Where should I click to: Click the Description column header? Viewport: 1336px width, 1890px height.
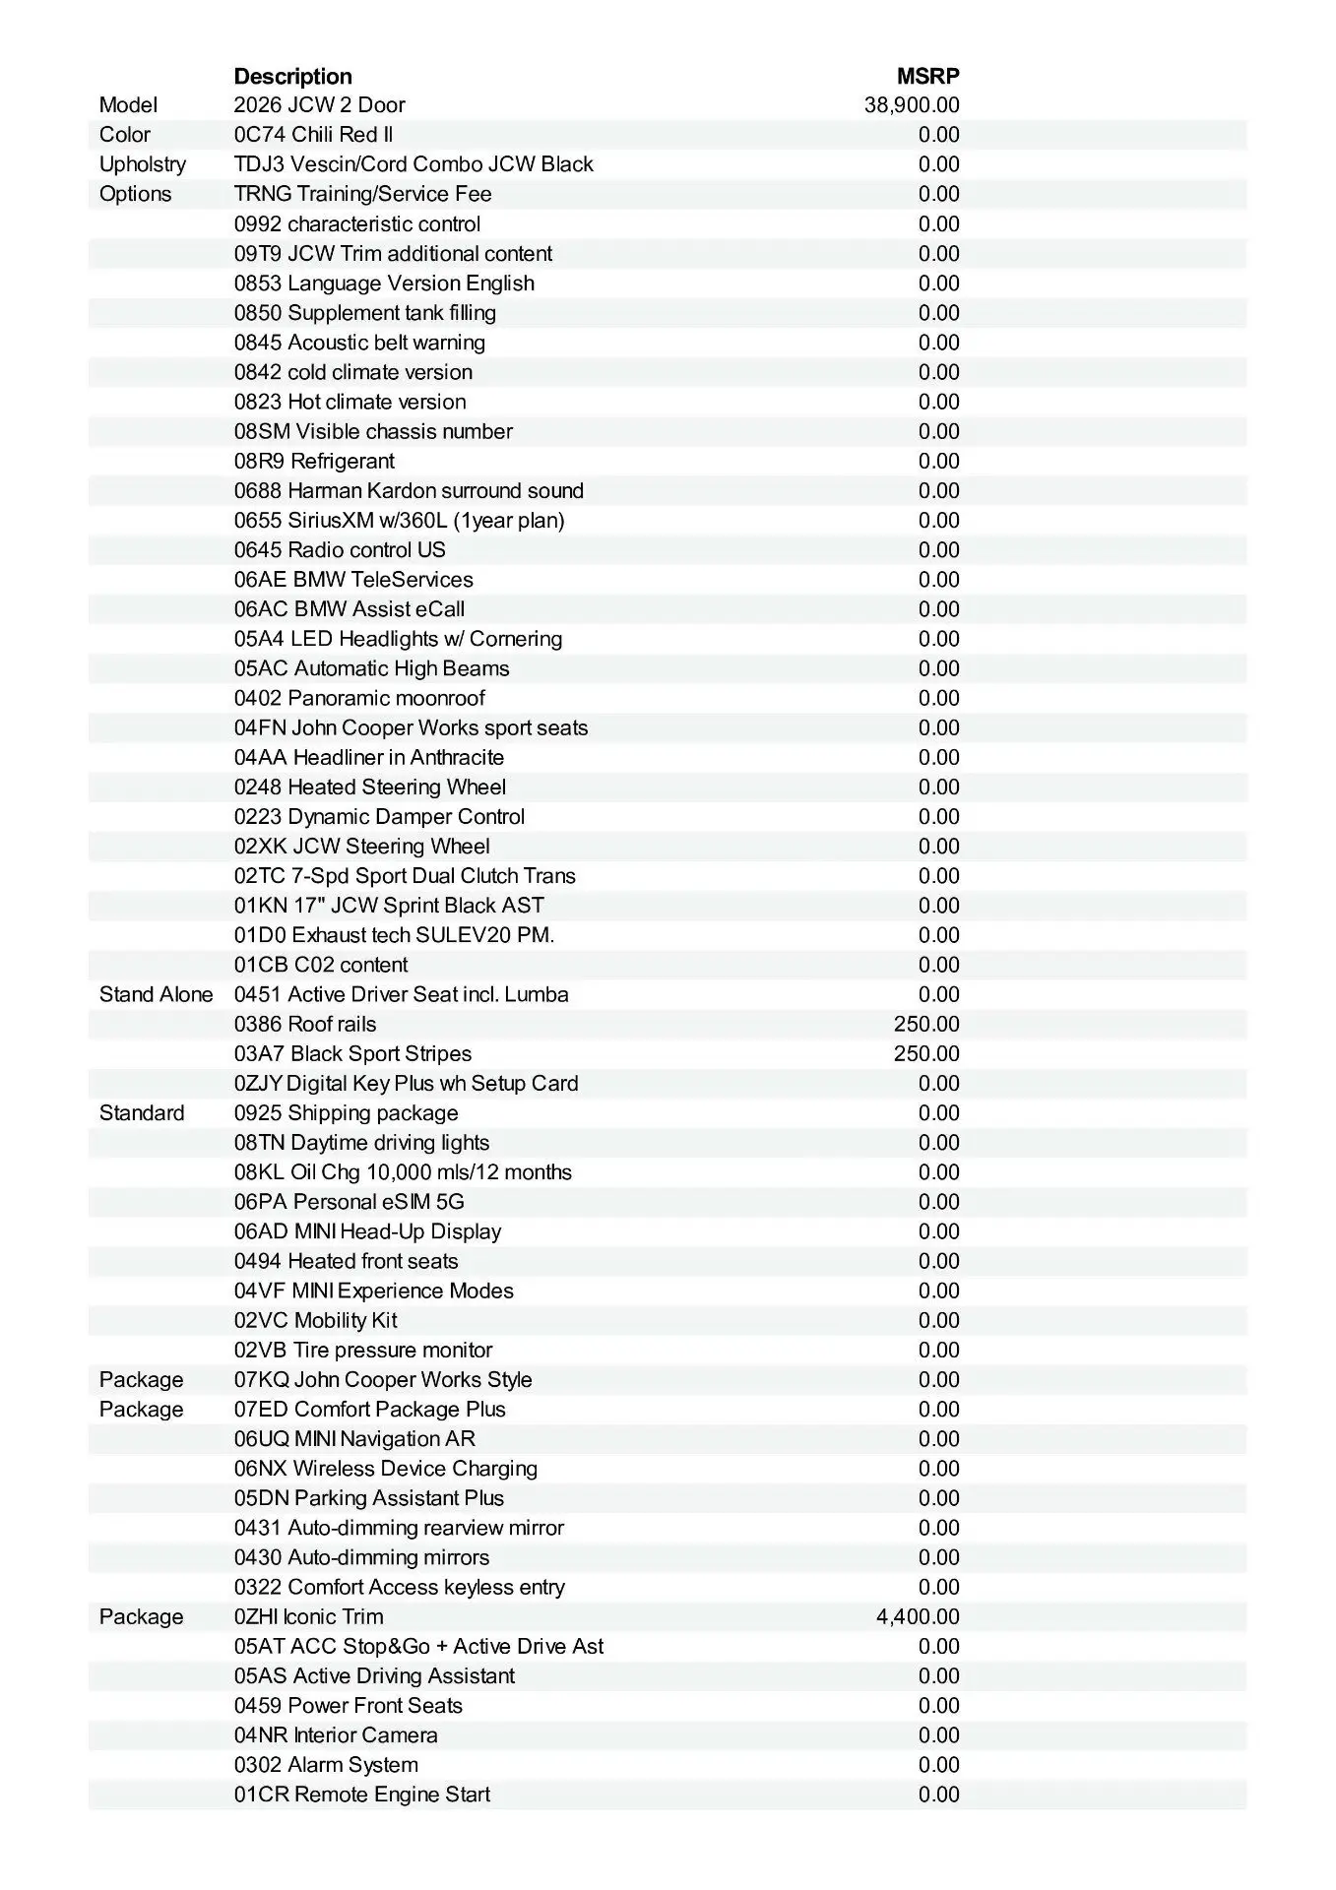(292, 77)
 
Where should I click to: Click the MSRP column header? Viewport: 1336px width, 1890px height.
(927, 77)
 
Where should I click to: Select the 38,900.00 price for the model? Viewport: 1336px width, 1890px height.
(912, 105)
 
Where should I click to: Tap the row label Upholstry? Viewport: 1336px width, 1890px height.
(142, 164)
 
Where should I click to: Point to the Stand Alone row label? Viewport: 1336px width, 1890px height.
(156, 994)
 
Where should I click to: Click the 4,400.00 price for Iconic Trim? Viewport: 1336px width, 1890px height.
(918, 1616)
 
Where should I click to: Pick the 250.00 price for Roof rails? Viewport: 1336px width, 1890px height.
(926, 1024)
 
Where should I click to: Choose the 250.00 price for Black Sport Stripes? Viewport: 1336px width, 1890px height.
(926, 1053)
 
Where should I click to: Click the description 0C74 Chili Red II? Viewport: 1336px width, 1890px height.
(313, 135)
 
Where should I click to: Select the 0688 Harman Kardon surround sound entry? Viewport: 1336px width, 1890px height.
(409, 490)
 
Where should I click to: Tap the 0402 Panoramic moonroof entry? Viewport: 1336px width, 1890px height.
(359, 698)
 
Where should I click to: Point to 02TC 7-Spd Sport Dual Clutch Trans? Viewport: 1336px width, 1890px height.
(405, 876)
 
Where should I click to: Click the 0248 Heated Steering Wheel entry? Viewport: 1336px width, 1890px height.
(370, 787)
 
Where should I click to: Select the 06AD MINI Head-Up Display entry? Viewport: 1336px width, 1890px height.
(367, 1231)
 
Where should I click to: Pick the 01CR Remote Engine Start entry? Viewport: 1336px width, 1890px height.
(362, 1795)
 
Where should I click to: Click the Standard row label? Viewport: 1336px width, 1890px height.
(142, 1113)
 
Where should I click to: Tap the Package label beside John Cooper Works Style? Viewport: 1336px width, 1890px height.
(141, 1380)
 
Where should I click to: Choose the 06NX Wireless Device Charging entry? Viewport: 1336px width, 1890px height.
(386, 1469)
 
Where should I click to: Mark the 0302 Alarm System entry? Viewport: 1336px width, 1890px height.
(326, 1765)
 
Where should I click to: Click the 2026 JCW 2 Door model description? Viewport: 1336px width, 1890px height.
(319, 105)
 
